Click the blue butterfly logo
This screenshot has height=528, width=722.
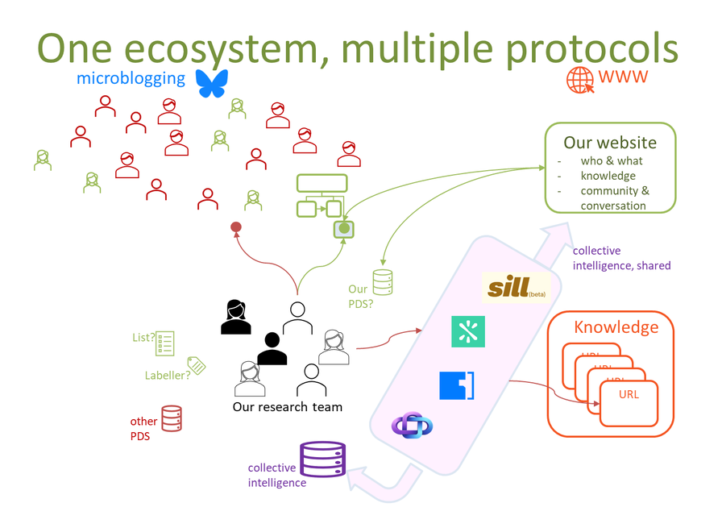click(x=213, y=83)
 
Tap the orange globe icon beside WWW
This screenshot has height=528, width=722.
click(x=579, y=79)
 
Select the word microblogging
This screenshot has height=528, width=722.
click(x=131, y=79)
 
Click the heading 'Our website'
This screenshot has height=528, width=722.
click(x=609, y=143)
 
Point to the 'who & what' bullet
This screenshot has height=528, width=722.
click(x=612, y=161)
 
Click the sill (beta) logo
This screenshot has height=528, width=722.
click(x=516, y=288)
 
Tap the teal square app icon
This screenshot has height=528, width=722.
click(x=467, y=331)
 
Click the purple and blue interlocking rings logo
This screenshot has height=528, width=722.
click(x=412, y=426)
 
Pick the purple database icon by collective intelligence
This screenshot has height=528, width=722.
click(x=322, y=459)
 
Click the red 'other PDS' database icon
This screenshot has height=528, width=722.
click(x=172, y=418)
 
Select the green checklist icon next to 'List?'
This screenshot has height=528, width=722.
click(x=165, y=343)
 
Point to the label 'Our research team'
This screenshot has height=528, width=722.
click(x=287, y=407)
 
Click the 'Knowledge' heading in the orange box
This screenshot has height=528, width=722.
click(x=616, y=327)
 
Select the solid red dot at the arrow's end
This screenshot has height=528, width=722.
click(x=236, y=227)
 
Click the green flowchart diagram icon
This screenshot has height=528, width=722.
click(x=322, y=196)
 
